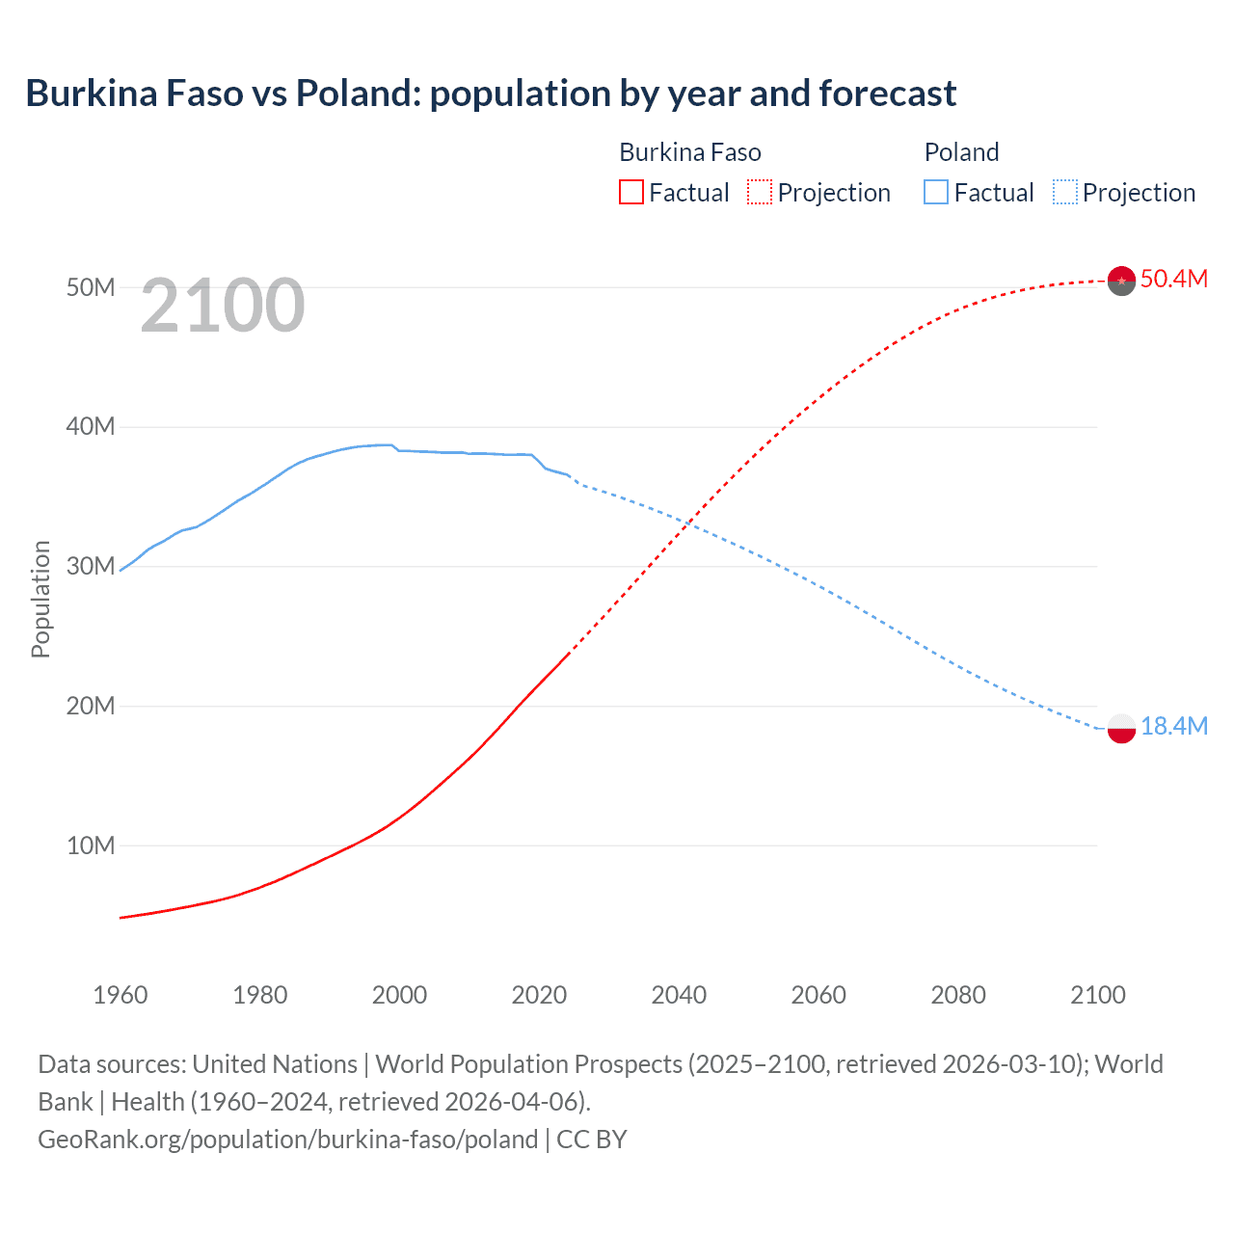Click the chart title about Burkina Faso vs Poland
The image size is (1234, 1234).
(x=491, y=94)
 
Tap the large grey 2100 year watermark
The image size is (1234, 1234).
(x=223, y=306)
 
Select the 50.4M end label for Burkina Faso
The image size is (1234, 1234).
(x=1173, y=279)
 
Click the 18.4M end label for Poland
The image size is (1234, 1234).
(x=1173, y=726)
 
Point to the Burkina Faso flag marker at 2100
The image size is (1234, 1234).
(x=1121, y=281)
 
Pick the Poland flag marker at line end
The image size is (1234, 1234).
(x=1121, y=729)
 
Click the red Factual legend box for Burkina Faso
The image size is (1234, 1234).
(x=630, y=193)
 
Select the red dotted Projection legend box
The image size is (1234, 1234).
(x=760, y=193)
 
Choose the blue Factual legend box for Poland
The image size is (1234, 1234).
(x=935, y=193)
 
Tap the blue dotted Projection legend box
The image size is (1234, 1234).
(x=1064, y=193)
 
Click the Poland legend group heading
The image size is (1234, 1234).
(x=961, y=152)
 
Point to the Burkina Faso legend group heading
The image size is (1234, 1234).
(x=689, y=152)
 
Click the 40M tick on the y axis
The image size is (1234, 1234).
(x=91, y=426)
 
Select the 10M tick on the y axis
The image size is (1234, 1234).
(x=91, y=845)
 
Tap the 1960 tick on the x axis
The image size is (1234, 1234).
(x=121, y=995)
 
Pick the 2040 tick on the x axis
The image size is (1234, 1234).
(x=679, y=995)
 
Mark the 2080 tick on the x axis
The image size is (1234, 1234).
(x=958, y=995)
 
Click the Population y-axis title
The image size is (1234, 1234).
(x=40, y=599)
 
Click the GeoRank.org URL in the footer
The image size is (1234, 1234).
(x=287, y=1140)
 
